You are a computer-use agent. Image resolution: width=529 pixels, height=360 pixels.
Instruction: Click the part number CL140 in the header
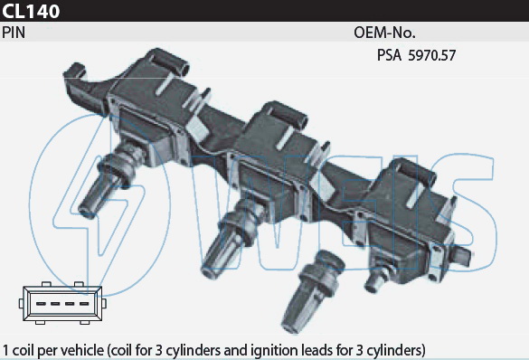point(31,11)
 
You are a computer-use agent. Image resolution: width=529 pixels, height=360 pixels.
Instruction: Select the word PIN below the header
point(14,33)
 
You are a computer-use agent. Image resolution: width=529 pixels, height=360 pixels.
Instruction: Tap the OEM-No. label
point(384,33)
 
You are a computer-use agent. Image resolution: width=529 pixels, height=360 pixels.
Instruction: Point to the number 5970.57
point(432,55)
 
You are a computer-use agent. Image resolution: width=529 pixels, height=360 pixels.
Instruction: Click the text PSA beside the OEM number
point(389,55)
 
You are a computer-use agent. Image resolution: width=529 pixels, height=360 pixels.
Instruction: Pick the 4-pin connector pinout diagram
point(62,303)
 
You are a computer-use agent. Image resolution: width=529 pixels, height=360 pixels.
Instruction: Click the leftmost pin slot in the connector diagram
point(41,304)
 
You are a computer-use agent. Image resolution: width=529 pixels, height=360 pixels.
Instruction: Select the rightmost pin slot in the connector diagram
point(84,304)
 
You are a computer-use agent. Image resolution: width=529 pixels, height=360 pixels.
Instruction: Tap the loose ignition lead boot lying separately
point(311,291)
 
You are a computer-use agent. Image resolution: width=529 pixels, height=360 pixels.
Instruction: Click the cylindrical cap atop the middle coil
point(286,114)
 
